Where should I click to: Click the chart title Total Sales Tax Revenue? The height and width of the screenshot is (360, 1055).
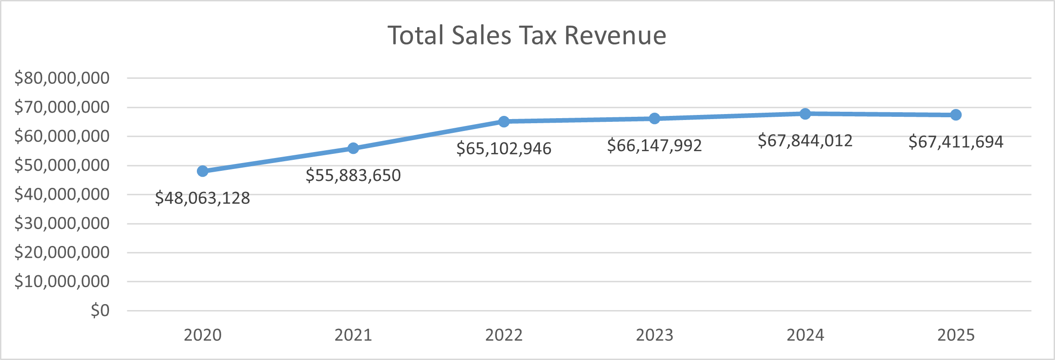point(527,35)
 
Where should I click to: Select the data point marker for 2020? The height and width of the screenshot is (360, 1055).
point(202,171)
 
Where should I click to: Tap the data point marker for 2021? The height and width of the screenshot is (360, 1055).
point(353,148)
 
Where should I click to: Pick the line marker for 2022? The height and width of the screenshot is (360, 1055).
point(504,121)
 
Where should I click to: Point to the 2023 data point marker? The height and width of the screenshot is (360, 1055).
point(654,119)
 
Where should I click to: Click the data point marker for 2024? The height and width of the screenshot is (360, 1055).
point(805,114)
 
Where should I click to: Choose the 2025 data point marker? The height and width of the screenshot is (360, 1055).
point(956,115)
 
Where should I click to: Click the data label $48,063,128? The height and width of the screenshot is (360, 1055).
point(202,198)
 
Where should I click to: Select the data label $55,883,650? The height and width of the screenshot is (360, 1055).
point(353,175)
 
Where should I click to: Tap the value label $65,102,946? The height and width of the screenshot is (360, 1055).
point(504,148)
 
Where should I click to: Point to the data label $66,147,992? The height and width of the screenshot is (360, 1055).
point(654,146)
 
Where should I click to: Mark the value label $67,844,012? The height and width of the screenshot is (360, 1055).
point(805,141)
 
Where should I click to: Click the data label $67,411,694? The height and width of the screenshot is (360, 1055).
point(956,142)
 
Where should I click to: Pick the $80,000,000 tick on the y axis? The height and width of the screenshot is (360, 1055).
point(62,78)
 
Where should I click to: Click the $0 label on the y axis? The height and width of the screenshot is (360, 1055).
point(100,311)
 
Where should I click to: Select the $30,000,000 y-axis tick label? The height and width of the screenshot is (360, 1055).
point(62,224)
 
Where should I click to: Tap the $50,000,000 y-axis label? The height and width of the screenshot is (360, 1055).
point(62,165)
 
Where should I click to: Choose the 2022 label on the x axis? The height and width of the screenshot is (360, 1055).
point(504,335)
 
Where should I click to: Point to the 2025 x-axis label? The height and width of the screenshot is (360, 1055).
point(956,335)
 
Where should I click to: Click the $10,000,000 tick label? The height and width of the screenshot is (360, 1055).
point(62,281)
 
